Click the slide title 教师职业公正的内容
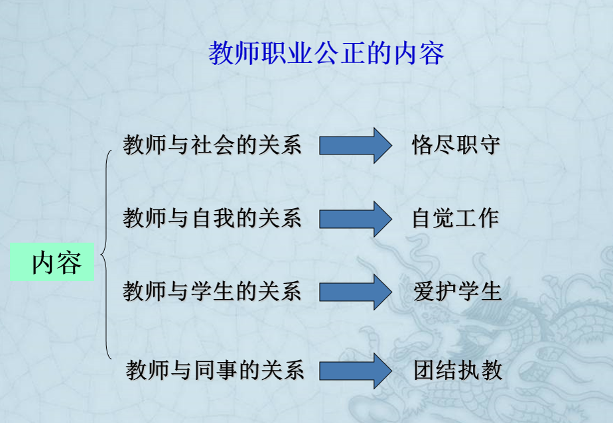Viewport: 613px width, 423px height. click(326, 54)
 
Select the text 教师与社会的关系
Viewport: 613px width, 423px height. click(212, 145)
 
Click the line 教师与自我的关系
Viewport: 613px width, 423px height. click(212, 218)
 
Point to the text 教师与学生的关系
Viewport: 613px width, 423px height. click(212, 291)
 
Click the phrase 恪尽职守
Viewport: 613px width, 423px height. click(455, 145)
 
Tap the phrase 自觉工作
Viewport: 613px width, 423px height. click(455, 218)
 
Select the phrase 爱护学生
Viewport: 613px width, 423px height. click(457, 291)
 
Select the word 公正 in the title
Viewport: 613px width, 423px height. click(342, 54)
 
